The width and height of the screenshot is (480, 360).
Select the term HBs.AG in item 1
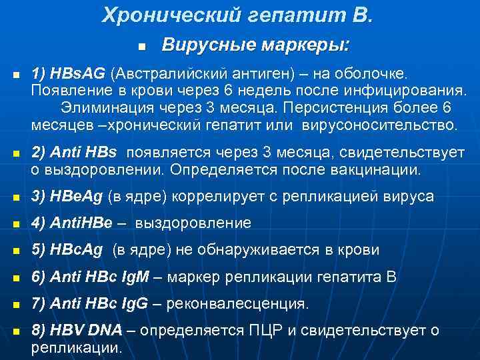79,71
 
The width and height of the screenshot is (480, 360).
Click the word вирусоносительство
379,125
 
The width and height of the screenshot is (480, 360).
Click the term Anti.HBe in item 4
79,223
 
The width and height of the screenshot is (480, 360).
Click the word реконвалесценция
237,304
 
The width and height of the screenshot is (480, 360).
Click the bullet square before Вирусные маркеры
142,47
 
